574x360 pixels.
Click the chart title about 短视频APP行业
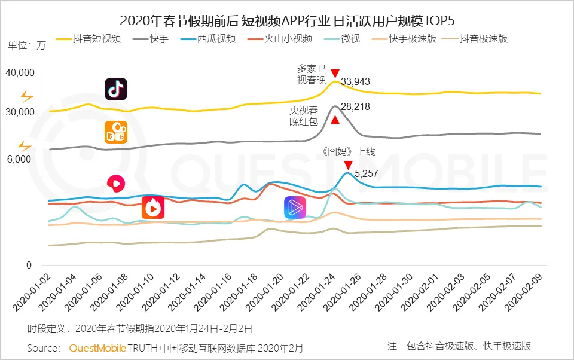(287, 21)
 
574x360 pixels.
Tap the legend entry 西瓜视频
(215, 39)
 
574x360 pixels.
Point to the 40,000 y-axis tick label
(21, 72)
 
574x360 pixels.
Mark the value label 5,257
(367, 173)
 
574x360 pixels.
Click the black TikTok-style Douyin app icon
(116, 89)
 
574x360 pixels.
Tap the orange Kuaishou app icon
(116, 133)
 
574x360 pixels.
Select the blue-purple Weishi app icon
(294, 208)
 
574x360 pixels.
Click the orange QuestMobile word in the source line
(97, 347)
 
